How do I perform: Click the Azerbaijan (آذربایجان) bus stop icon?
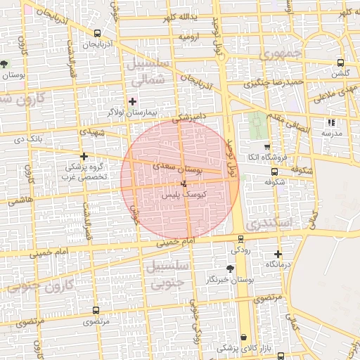96,33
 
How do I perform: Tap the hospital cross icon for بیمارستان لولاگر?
132,101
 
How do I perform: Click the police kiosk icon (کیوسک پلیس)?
184,183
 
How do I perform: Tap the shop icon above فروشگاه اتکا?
266,146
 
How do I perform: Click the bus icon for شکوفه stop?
274,171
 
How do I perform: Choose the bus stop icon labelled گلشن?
341,62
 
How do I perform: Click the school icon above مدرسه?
331,122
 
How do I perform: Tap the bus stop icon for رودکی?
241,239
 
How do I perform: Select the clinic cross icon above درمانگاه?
278,254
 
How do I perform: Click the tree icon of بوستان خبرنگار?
230,268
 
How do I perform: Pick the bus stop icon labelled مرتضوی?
96,310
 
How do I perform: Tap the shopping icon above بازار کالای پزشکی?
244,337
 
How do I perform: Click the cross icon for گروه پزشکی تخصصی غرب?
84,156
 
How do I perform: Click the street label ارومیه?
190,36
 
